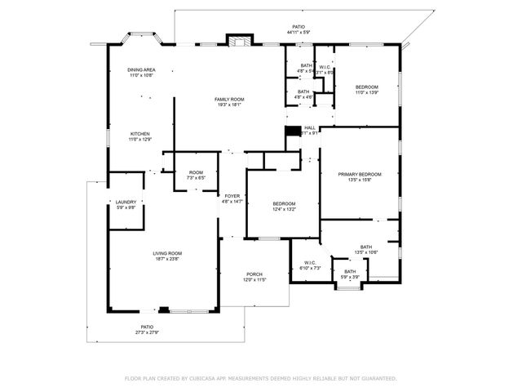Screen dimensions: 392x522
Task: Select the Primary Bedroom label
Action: click(x=360, y=177)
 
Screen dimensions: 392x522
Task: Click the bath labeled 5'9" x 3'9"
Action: click(x=349, y=274)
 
